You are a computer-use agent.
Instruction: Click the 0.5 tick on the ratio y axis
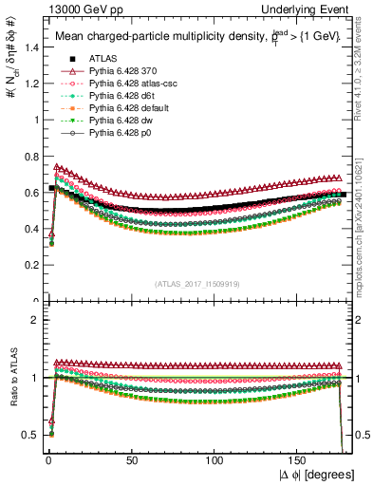point(28,435)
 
